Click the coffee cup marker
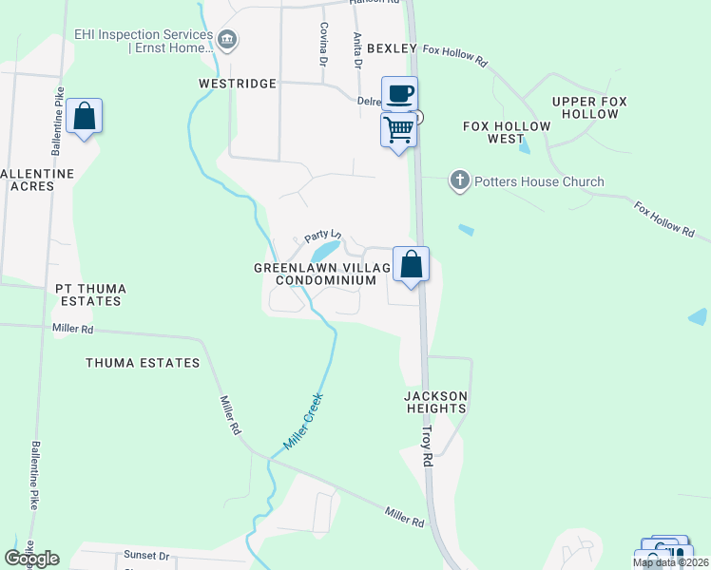[x=400, y=94]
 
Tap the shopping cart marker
[x=399, y=128]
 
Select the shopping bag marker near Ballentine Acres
[x=85, y=117]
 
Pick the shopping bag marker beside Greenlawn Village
[x=411, y=264]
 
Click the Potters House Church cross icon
[x=460, y=180]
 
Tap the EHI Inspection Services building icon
[x=227, y=40]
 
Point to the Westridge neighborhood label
[x=237, y=84]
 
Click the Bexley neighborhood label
[x=392, y=48]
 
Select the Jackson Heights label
[x=435, y=402]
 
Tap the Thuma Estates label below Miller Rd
[x=143, y=363]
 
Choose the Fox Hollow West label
[x=507, y=132]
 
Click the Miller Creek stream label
[x=304, y=421]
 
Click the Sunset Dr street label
[x=145, y=556]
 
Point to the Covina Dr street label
[x=324, y=43]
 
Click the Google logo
[x=31, y=559]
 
